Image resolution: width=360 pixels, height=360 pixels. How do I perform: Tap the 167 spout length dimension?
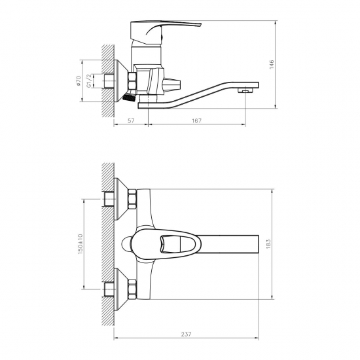coord(197,120)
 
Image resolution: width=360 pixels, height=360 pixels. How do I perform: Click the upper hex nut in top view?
coord(132,198)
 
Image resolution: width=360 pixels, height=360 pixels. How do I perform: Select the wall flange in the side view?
coord(120,81)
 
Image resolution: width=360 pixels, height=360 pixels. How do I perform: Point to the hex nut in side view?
coord(133,81)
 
